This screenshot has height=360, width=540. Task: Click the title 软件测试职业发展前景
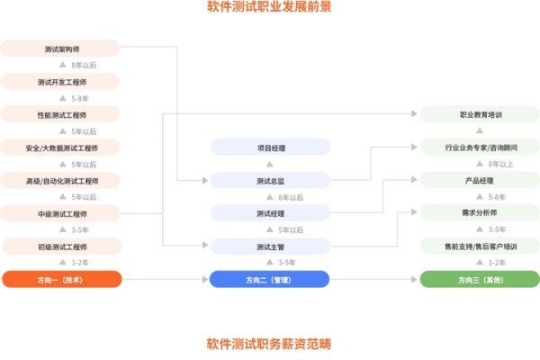coord(269,8)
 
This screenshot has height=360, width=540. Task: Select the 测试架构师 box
coord(61,49)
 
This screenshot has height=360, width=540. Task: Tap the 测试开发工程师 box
coord(61,81)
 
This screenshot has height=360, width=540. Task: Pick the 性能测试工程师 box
coord(61,114)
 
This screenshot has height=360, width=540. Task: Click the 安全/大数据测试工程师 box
coord(61,148)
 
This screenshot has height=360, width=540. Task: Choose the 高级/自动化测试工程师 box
coord(61,181)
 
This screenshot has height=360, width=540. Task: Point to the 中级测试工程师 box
coord(61,213)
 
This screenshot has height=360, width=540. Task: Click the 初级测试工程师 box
coord(61,246)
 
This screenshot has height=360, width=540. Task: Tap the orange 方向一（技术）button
coord(61,279)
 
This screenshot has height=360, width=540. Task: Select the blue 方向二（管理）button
coord(269,279)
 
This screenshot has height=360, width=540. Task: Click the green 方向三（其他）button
coord(480,279)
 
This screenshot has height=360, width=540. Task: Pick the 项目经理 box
coord(269,148)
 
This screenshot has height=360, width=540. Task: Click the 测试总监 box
coord(269,181)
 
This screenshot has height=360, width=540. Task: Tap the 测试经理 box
coord(269,213)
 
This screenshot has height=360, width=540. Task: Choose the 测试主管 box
coord(269,246)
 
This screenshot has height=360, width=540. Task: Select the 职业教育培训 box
coord(480,114)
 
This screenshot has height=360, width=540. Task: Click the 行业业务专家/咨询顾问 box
coord(480,148)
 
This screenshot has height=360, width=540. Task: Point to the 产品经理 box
coord(480,181)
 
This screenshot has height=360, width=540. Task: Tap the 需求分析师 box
coord(480,213)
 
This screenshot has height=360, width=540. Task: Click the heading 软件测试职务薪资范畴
coord(269,343)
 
